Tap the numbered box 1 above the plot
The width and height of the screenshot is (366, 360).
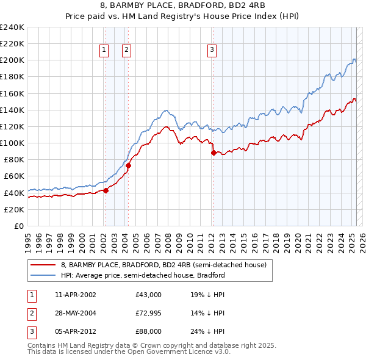coord(104,51)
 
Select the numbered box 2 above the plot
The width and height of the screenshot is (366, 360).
coord(126,51)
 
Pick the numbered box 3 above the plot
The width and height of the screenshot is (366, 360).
coord(212,51)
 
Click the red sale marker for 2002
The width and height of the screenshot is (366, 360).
coord(106,190)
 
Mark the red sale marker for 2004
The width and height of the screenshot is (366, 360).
coord(129,165)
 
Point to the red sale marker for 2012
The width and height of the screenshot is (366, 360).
coord(213,153)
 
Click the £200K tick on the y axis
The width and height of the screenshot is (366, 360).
coord(12,60)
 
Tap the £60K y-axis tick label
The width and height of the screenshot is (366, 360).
coord(13,176)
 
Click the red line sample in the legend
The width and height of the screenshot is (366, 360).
coord(42,265)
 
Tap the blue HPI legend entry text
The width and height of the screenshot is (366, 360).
coord(143,275)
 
